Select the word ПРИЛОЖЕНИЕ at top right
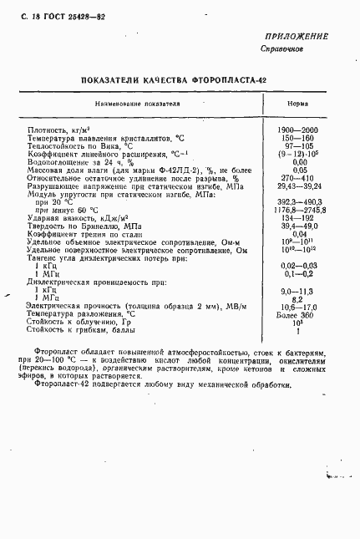[x=297, y=37]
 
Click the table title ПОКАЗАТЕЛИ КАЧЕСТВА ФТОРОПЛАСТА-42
[x=179, y=80]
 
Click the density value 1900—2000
[x=296, y=130]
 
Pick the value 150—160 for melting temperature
[x=296, y=139]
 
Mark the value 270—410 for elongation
[x=296, y=179]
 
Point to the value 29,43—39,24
[x=296, y=187]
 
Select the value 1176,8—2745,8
[x=296, y=211]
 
